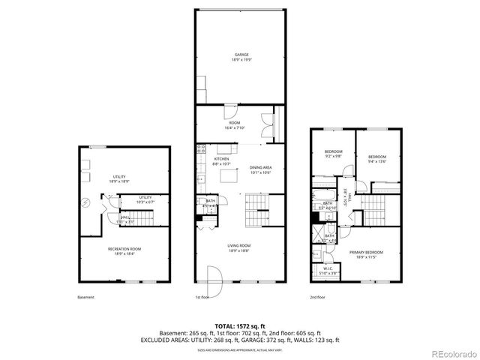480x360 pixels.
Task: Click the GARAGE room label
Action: click(241, 55)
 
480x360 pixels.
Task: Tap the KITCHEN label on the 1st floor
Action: click(221, 159)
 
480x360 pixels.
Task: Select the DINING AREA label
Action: click(260, 167)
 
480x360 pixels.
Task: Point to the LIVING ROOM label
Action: click(240, 245)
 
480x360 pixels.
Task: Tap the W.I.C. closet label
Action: click(328, 268)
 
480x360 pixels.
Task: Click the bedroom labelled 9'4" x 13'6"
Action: click(376, 157)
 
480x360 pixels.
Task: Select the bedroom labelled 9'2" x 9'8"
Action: click(333, 152)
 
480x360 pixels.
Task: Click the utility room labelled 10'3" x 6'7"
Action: click(145, 198)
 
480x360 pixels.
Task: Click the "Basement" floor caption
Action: click(85, 297)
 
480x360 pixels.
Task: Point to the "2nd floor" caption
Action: click(318, 297)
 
